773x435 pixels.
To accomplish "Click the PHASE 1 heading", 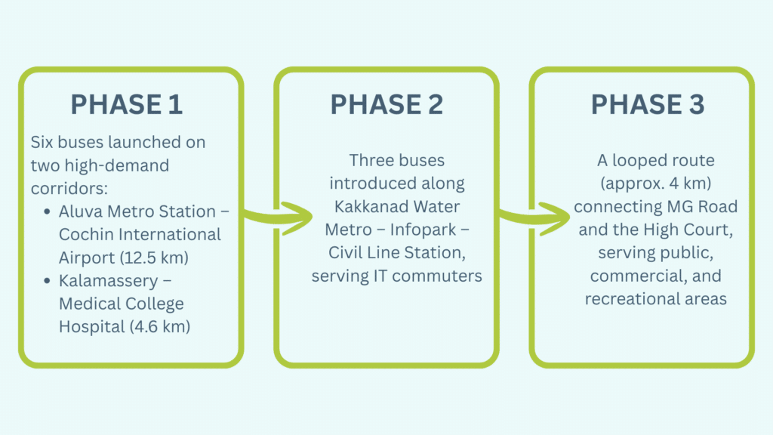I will pos(127,105).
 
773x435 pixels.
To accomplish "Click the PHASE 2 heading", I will pos(386,105).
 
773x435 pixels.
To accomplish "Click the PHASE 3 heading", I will pos(647,105).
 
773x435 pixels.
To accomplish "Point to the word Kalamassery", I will pos(100,281).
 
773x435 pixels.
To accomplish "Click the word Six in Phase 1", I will pos(44,142).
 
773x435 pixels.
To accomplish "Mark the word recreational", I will pos(627,299).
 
